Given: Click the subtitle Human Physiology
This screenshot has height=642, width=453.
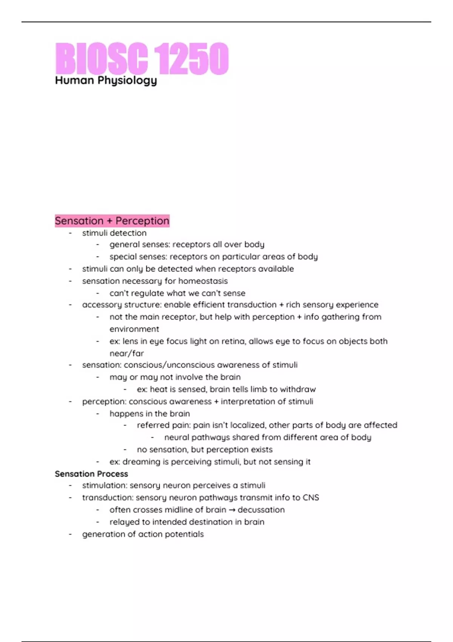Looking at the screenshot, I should coord(106,80).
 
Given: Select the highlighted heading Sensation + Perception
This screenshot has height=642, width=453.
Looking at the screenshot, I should coord(112,221).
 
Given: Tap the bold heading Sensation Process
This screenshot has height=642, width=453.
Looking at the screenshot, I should coord(91,474).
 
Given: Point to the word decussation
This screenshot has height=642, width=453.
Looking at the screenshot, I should coord(261,510).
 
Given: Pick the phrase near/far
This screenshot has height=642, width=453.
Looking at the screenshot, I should coord(126,353).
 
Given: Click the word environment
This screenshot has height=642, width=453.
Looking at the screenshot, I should coord(134,329).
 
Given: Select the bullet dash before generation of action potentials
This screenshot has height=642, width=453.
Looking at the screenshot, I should coord(70,534).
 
